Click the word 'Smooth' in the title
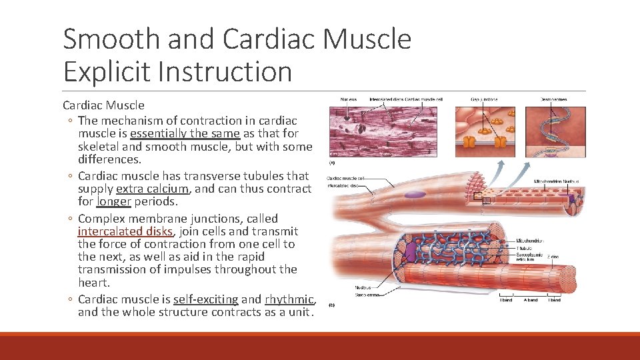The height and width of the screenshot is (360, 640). point(111,40)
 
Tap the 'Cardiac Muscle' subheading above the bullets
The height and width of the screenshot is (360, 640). point(103,105)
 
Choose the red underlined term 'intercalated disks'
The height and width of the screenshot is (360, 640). point(125,231)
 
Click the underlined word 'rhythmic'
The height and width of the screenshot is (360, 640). point(288,299)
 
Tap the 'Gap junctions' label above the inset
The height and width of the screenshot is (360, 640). point(484,99)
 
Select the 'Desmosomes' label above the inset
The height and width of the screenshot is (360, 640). point(554,99)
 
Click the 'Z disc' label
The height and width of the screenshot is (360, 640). point(553,256)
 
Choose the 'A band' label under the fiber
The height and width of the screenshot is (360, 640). point(531,301)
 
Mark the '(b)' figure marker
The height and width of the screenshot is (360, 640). point(331,305)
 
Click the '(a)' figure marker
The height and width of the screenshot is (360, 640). point(331,161)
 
